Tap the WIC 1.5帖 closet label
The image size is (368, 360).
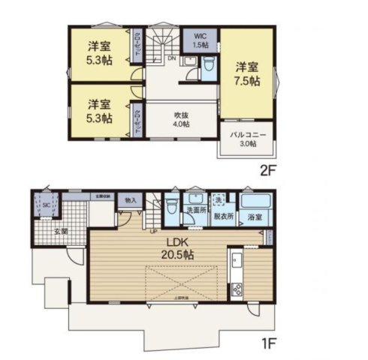(x=201, y=40)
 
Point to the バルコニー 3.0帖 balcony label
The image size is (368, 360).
(x=248, y=139)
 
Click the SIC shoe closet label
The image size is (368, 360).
(x=47, y=204)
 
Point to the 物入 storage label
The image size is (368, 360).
(x=131, y=200)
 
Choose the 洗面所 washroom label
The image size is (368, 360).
(x=196, y=210)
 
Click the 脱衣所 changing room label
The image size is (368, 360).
(x=224, y=216)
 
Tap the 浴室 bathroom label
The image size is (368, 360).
(x=255, y=217)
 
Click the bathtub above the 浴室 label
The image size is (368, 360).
(x=255, y=201)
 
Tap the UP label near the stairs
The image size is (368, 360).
(x=154, y=230)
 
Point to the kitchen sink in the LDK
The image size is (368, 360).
(x=237, y=265)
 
